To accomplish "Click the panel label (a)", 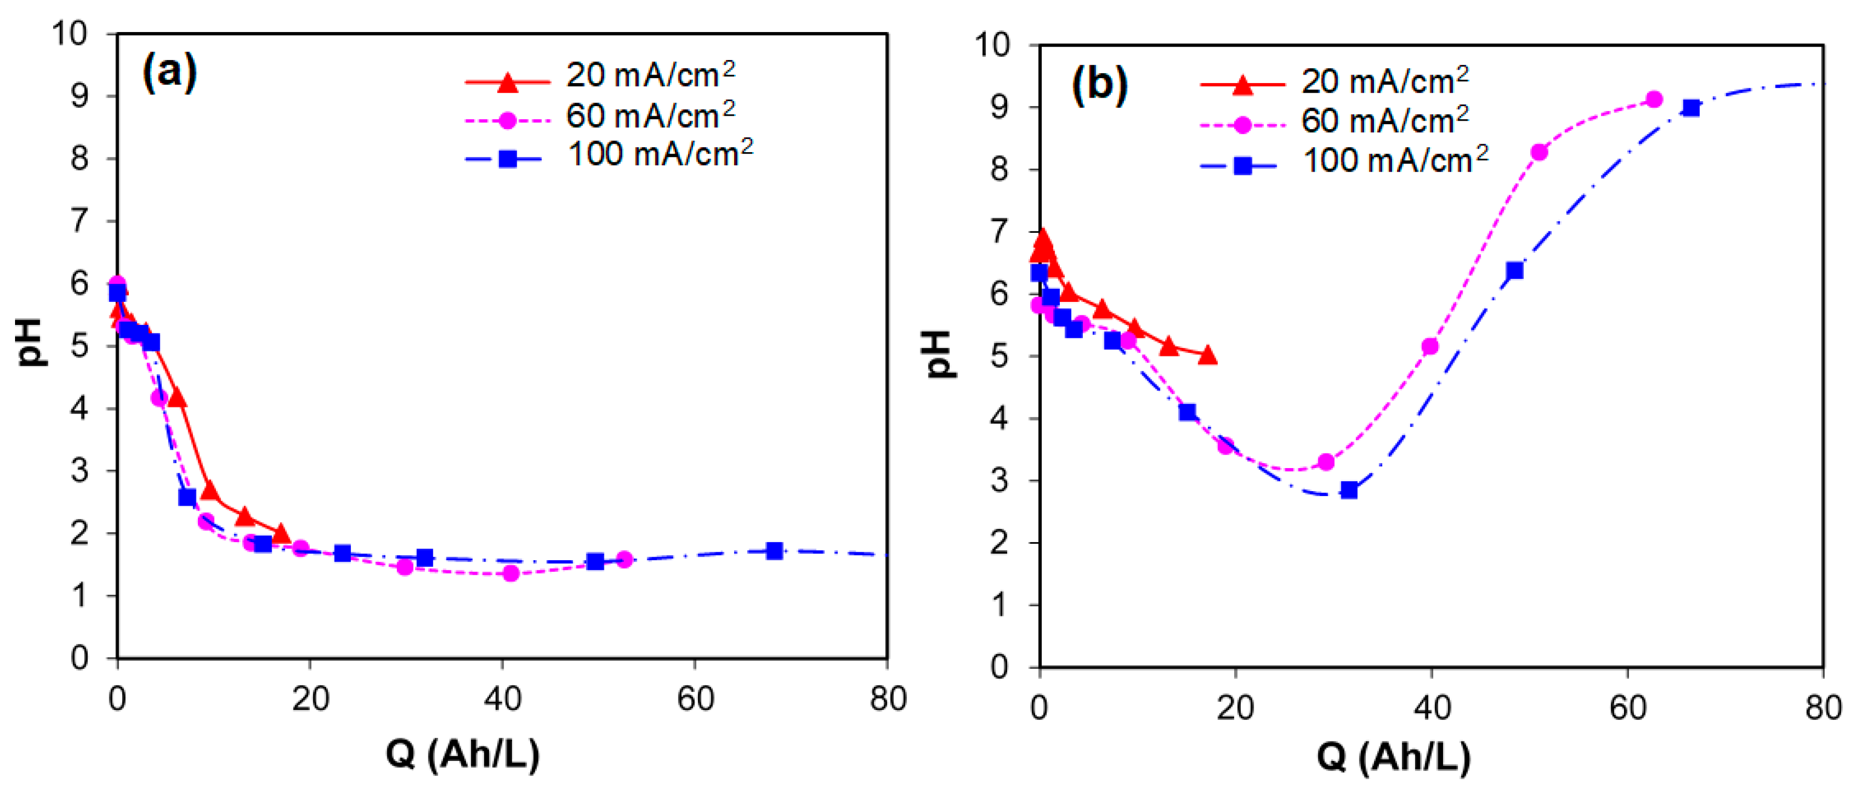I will click(x=170, y=72).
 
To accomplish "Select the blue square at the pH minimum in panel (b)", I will click(x=1349, y=491).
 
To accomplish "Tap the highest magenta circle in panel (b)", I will click(x=1654, y=99).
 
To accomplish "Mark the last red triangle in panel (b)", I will click(x=1208, y=355).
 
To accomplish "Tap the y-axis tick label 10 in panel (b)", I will click(x=992, y=46).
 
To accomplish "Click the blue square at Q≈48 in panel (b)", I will click(x=1514, y=270).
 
